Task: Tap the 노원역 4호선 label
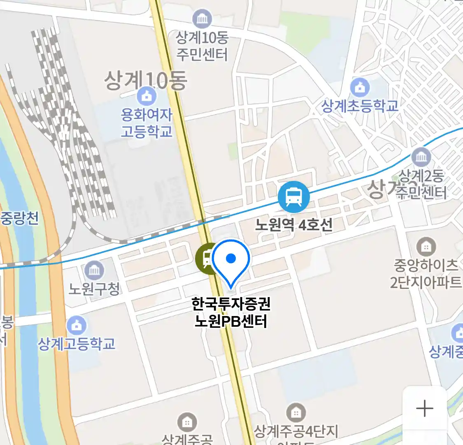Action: click(293, 225)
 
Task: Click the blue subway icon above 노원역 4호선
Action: click(293, 197)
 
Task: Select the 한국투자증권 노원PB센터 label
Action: click(231, 312)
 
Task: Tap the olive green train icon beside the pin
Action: click(205, 259)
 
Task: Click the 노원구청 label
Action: click(94, 288)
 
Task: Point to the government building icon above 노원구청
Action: click(94, 271)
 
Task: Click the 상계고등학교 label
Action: click(77, 344)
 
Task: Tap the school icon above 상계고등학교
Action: click(77, 326)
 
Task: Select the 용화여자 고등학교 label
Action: click(147, 123)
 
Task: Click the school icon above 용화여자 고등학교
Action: click(147, 96)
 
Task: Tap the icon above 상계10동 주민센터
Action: click(202, 19)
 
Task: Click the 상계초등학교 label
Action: click(360, 106)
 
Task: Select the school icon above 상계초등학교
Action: click(360, 87)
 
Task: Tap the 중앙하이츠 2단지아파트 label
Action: click(426, 273)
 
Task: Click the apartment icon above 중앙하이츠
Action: click(426, 247)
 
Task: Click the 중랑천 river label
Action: click(19, 218)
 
